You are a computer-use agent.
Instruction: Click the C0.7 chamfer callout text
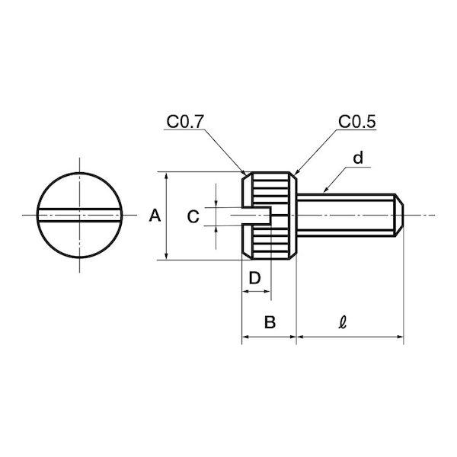(184, 122)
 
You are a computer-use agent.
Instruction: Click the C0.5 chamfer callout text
(357, 122)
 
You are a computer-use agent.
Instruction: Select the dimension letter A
(155, 216)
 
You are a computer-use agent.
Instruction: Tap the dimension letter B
(270, 322)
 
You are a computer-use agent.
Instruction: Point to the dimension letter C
(193, 216)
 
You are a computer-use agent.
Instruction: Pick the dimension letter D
(254, 278)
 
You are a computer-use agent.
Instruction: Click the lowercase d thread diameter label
(358, 158)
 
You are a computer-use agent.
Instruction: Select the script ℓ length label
(343, 322)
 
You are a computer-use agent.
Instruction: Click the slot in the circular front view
(79, 216)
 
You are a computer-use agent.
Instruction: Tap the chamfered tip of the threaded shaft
(399, 215)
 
